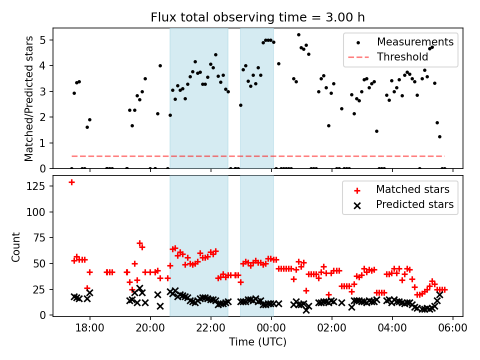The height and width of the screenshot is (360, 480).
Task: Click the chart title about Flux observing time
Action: click(x=257, y=17)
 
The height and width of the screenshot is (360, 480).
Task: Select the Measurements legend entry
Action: click(x=415, y=41)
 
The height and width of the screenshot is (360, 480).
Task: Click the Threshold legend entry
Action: click(x=402, y=57)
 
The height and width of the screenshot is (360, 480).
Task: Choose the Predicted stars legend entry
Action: click(x=414, y=204)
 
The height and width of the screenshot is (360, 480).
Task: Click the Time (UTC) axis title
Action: click(x=257, y=342)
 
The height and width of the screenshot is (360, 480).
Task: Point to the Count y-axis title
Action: click(x=16, y=246)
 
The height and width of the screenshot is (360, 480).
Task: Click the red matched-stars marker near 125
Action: click(x=71, y=182)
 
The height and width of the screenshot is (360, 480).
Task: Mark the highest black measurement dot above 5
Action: click(x=298, y=35)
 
